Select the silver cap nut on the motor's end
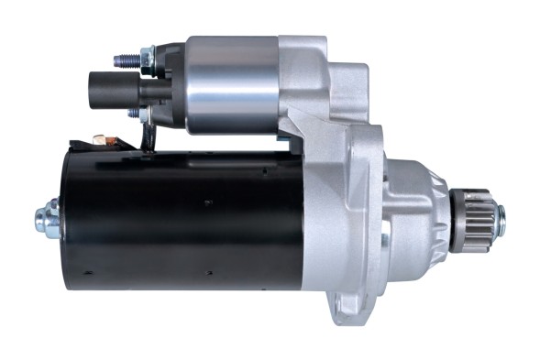coord(46,218)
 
